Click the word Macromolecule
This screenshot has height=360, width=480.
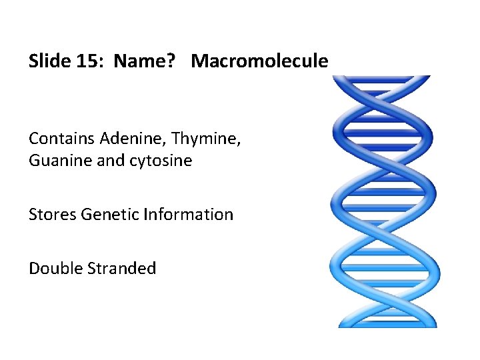point(259,61)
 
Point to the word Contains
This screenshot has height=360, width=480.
point(62,139)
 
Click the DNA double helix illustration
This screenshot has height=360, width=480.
point(383,200)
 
